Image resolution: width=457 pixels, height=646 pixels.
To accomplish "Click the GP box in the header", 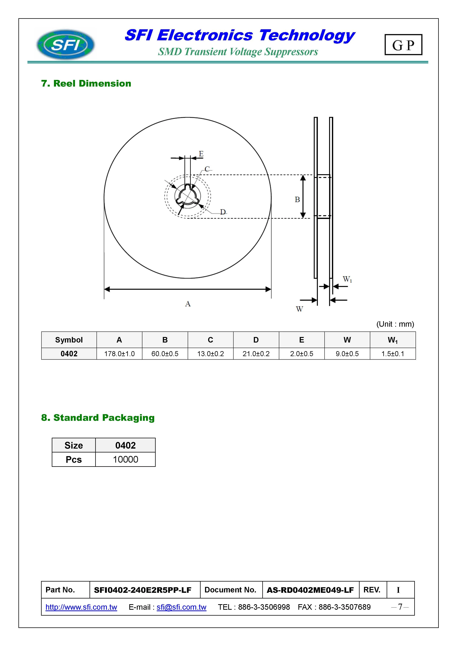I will [x=403, y=45].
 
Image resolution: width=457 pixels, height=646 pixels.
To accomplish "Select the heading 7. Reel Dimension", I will [x=86, y=84].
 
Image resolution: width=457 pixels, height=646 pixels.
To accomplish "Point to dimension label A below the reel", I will [x=188, y=304].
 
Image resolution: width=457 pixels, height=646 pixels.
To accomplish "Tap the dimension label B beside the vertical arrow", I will [x=297, y=199].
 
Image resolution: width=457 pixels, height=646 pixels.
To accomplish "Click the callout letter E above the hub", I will [x=201, y=154].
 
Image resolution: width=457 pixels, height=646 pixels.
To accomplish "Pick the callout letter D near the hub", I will [x=223, y=212].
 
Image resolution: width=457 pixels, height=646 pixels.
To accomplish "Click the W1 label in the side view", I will [x=347, y=279].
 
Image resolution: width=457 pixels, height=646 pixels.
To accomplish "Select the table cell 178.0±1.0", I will [x=119, y=354].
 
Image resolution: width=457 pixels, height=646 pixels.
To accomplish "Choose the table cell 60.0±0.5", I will [x=165, y=354].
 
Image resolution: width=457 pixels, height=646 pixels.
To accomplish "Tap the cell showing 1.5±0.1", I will [x=393, y=354].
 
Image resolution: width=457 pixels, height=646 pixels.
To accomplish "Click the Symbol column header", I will [x=69, y=340].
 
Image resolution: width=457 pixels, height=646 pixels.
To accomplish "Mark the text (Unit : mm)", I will [x=395, y=324].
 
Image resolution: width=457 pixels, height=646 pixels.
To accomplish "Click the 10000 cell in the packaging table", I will [x=125, y=459].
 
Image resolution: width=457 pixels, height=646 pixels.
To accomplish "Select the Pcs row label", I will [x=74, y=459].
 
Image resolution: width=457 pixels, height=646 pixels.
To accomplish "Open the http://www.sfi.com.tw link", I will [x=81, y=607].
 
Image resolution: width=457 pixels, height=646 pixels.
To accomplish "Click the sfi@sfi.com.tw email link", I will [x=181, y=607].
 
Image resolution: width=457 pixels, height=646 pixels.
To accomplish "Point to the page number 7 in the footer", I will [x=400, y=607].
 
